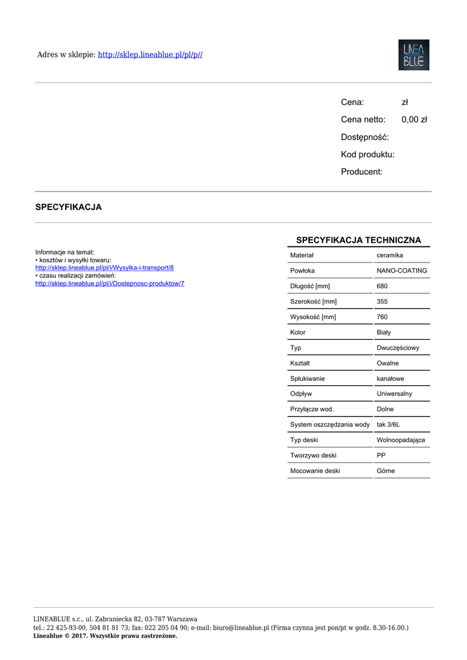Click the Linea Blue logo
(414, 55)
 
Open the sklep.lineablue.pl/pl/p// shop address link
(150, 55)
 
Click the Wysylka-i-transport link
(104, 267)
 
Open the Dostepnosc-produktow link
(110, 284)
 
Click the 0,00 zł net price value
(414, 119)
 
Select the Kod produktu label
(368, 154)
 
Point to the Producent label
(361, 171)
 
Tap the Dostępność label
(365, 137)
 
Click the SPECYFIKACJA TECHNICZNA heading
(358, 240)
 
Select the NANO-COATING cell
(401, 271)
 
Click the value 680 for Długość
(382, 286)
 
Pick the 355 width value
(382, 302)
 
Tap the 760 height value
(382, 317)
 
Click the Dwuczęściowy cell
(397, 348)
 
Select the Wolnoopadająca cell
(401, 440)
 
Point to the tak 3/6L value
(388, 425)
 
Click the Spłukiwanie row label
(307, 379)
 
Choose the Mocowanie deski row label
(315, 471)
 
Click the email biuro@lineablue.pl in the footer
(241, 627)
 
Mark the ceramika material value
(390, 256)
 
